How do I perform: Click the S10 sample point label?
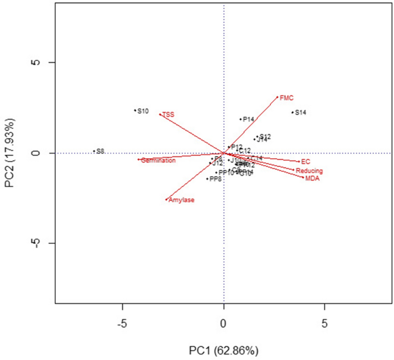coord(143,111)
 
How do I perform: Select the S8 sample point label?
coord(100,151)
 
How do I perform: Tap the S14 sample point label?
coord(300,113)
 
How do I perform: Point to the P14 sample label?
coord(248,120)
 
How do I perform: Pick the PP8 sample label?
coord(216,179)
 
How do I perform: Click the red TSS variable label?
coord(168,114)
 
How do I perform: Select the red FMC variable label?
coord(286,98)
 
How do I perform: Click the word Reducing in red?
coord(309,171)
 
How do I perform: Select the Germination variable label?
coord(158,160)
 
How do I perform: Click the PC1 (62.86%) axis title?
coord(224,350)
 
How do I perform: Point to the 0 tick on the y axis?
coord(36,154)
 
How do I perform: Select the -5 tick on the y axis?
coord(36,243)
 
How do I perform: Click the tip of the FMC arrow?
coord(277,97)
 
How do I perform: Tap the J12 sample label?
coord(217,164)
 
